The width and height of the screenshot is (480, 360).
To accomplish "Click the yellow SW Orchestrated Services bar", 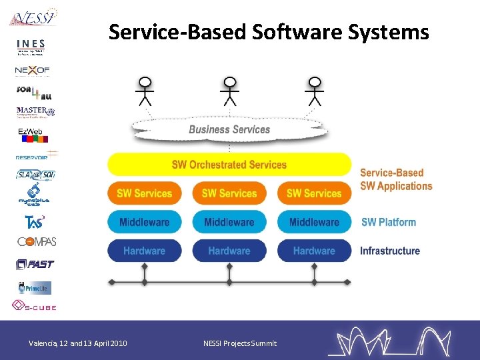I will click(x=229, y=165).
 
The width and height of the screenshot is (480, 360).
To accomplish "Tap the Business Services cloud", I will click(x=229, y=129).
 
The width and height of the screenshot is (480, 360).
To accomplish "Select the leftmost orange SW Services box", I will click(x=144, y=193).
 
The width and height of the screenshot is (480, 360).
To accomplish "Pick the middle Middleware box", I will click(x=229, y=222).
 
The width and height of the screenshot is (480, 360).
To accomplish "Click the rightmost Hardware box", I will click(x=313, y=251).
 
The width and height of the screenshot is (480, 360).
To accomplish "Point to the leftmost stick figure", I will click(x=144, y=91).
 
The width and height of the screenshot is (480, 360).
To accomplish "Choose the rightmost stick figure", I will click(x=314, y=91).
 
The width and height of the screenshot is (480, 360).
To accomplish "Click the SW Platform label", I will click(x=388, y=222).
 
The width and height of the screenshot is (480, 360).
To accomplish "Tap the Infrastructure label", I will click(x=390, y=251).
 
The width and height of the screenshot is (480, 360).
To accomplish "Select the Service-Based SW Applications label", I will click(x=396, y=179).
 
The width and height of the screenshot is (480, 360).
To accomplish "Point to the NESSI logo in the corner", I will click(x=33, y=17).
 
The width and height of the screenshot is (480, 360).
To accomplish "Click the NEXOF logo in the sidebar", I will click(x=33, y=69).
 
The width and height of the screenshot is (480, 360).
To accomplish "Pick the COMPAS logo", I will click(x=37, y=241).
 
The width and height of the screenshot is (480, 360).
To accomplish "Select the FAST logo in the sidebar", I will click(x=35, y=264).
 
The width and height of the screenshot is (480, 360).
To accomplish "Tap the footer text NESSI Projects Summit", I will click(x=239, y=343).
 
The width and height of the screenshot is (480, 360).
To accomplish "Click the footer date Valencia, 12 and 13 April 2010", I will click(x=78, y=343).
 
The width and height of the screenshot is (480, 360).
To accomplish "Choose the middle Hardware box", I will click(x=229, y=251).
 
